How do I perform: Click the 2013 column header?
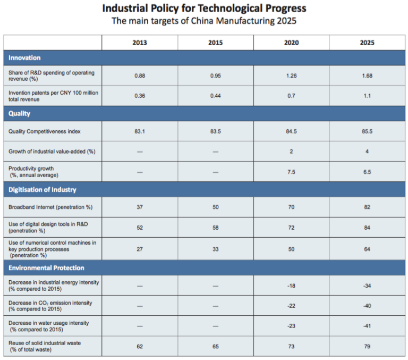point(140,43)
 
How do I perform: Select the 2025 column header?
point(367,43)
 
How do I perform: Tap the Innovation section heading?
point(24,57)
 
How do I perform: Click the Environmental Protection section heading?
point(46,267)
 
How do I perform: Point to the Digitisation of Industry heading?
point(42,190)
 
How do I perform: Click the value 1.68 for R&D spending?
point(367,76)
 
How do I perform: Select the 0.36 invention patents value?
point(140,96)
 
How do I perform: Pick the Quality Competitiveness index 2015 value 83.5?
point(216,131)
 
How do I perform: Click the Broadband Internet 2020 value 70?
point(291,207)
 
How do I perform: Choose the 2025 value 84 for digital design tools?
point(367,228)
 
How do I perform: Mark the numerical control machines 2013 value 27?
point(140,248)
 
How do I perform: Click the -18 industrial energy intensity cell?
point(291,286)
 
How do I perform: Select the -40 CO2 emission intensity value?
point(367,306)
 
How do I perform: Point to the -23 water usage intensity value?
point(291,326)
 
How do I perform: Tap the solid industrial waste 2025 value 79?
point(367,346)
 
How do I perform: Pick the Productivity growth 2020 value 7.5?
point(291,172)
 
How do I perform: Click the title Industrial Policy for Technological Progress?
point(204,9)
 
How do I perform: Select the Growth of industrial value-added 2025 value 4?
point(367,152)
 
